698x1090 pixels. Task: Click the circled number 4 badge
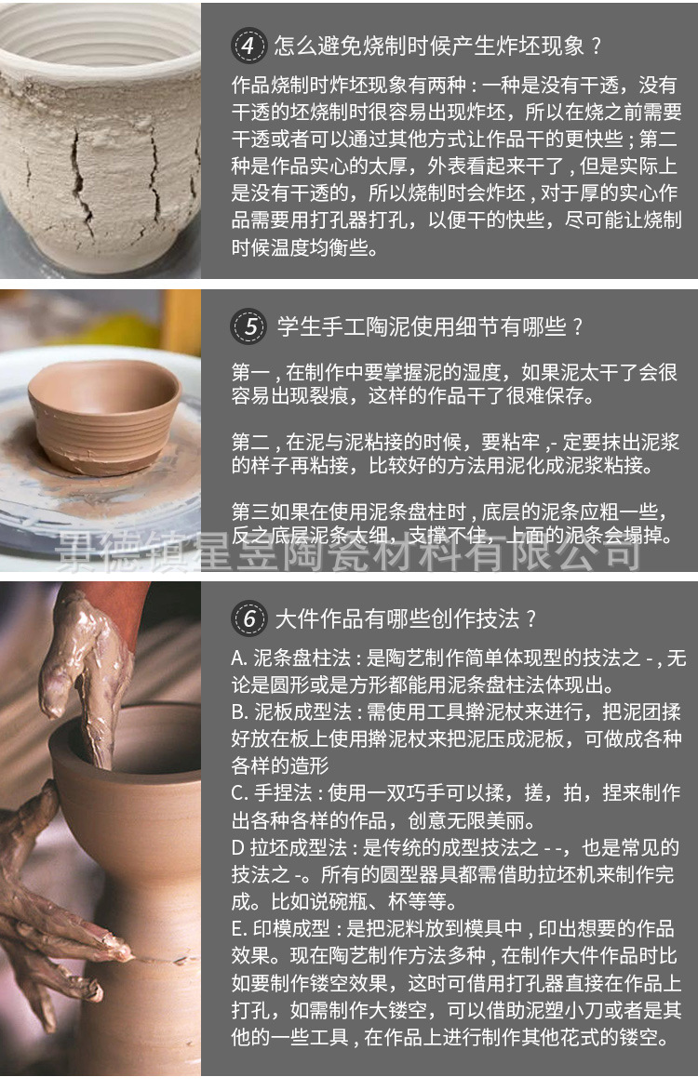[x=248, y=45]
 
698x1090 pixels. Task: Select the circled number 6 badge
[x=248, y=618]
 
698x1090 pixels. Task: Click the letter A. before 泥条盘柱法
[x=239, y=659]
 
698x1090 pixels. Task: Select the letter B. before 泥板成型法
[x=239, y=713]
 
